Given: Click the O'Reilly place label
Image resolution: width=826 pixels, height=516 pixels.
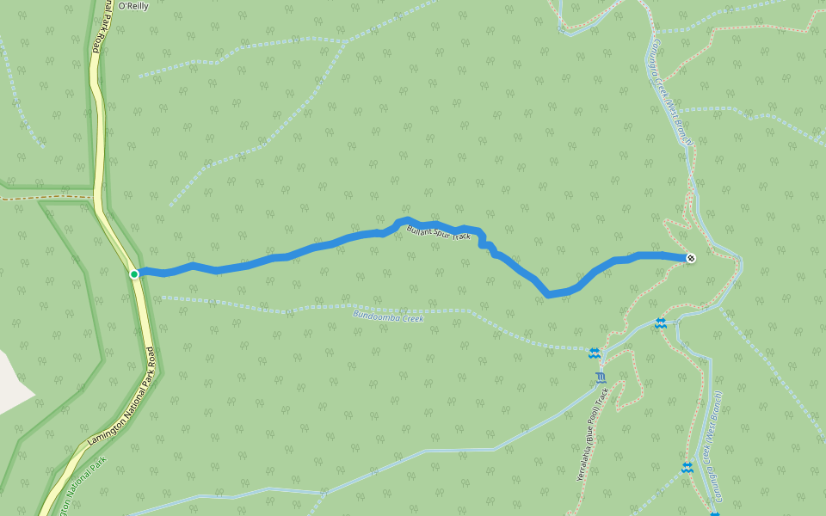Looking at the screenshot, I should click(x=134, y=6).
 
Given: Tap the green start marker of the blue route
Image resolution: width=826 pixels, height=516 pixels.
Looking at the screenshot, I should click(x=134, y=274).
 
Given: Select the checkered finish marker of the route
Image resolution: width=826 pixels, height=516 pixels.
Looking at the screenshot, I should click(x=691, y=257).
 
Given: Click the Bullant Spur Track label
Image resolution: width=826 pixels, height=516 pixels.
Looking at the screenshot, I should click(x=439, y=231).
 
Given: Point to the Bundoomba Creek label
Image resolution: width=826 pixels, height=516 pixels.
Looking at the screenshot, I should click(x=388, y=316).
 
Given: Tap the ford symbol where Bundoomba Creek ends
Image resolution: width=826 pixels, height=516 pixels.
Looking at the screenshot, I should click(x=594, y=353).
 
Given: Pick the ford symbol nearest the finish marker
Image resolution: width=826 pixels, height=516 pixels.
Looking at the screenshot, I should click(x=660, y=322).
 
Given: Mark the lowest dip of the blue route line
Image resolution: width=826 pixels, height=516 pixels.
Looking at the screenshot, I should click(x=549, y=295).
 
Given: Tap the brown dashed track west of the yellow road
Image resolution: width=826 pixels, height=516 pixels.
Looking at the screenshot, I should click(x=43, y=198).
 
